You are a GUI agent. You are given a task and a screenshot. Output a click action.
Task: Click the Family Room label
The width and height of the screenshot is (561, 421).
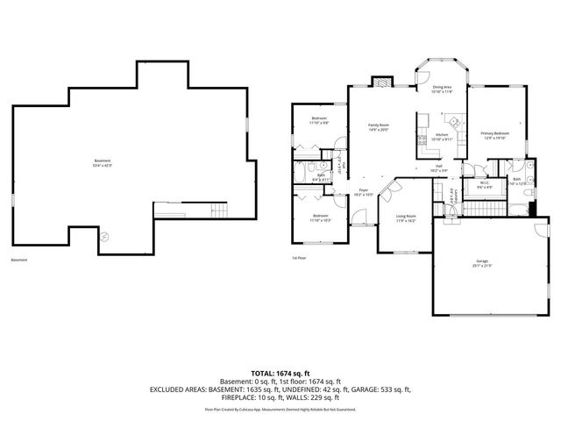pyautogui.click(x=378, y=125)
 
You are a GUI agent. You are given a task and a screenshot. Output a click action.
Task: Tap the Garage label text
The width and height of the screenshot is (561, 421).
pyautogui.click(x=482, y=260)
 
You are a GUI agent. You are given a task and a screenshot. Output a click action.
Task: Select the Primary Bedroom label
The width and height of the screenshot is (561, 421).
pyautogui.click(x=494, y=132)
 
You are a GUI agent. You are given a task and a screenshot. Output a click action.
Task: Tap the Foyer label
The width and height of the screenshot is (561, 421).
pyautogui.click(x=362, y=189)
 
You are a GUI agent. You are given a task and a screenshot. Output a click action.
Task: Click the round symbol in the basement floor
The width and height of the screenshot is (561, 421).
pyautogui.click(x=104, y=236)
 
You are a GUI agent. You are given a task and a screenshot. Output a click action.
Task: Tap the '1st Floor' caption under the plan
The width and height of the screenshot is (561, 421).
pyautogui.click(x=299, y=258)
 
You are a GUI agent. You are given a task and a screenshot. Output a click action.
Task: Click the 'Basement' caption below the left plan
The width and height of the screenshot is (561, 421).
pyautogui.click(x=19, y=260)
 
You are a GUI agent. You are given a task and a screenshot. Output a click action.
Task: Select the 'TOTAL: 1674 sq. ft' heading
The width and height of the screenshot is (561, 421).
pyautogui.click(x=280, y=374)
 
